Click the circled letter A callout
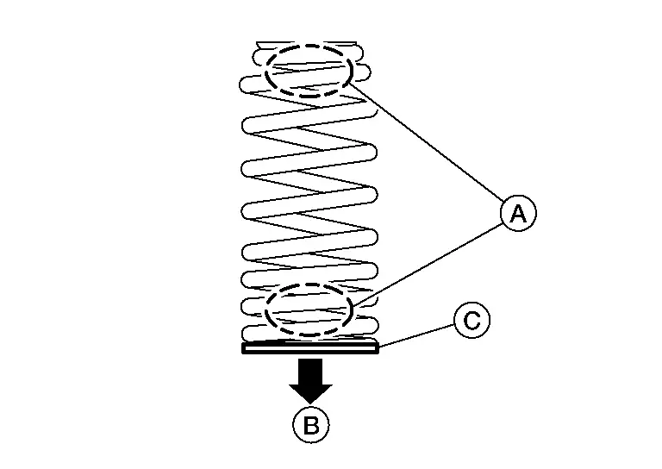pos(517,213)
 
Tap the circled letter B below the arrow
pos(311,424)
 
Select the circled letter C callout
pos(471,321)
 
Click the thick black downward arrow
pos(310,379)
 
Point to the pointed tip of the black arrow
pos(310,401)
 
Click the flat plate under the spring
pos(310,348)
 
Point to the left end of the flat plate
pos(246,348)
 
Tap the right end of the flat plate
pos(375,348)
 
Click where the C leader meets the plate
pos(378,347)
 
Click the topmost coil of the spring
pos(306,43)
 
